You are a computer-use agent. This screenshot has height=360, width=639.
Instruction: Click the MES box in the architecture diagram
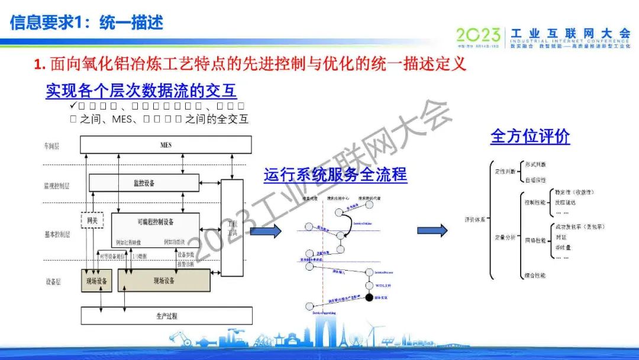pos(166,145)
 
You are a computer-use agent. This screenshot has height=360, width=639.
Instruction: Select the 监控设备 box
pos(144,183)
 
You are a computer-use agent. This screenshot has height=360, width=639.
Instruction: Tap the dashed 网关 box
pos(92,221)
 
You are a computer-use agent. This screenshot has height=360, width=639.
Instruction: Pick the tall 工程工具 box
pos(232,228)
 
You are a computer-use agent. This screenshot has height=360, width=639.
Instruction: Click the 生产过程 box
pos(166,315)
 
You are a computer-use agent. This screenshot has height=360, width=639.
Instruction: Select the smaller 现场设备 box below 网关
pos(96,281)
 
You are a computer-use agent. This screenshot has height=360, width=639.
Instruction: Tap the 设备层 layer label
pos(53,281)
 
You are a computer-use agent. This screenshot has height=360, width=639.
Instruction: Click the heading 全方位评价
pos(530,136)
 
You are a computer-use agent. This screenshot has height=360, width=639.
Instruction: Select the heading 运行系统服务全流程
pos(335,175)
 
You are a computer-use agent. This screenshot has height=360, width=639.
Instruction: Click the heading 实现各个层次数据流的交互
pos(141,91)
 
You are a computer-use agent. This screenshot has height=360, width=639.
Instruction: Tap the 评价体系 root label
pos(475,220)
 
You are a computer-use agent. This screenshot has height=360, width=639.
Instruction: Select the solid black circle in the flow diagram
pos(370,297)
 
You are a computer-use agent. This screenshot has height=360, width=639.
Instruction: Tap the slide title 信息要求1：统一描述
pos(86,22)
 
